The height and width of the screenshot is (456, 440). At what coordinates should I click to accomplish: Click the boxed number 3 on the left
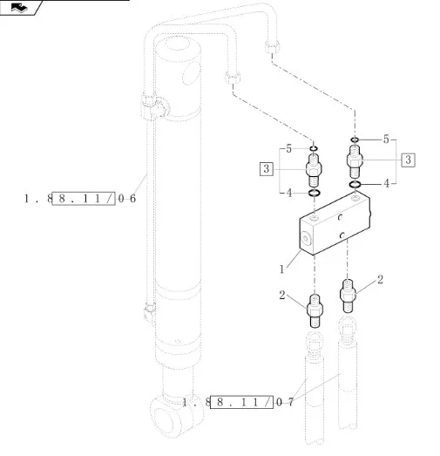click(267, 169)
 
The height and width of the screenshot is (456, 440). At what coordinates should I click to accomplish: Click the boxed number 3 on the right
click(408, 160)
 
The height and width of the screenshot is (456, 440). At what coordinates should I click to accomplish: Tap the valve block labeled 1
click(335, 223)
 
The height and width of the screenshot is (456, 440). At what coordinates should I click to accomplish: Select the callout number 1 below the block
click(281, 269)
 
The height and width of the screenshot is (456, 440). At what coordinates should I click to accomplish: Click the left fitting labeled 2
click(315, 310)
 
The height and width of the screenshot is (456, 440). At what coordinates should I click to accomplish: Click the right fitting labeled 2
click(348, 296)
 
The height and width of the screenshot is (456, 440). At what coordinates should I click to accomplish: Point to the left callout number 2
click(282, 296)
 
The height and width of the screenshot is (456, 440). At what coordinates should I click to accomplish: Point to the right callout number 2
click(380, 280)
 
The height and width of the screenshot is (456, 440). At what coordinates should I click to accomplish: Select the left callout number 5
click(288, 149)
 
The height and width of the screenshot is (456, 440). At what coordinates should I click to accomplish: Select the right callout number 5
click(386, 140)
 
